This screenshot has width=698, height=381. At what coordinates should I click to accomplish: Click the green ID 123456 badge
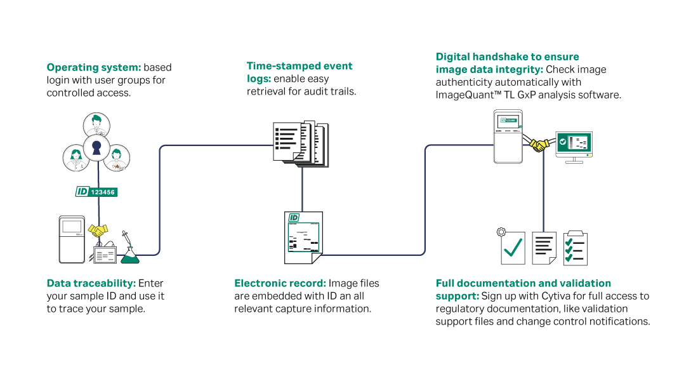(x=96, y=192)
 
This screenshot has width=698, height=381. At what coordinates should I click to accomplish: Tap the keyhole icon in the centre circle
(x=96, y=147)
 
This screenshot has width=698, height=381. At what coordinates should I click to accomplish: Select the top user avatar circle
(x=96, y=124)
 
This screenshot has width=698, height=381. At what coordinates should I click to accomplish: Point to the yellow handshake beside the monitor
(x=539, y=145)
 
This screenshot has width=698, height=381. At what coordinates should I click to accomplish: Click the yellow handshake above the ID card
(x=98, y=231)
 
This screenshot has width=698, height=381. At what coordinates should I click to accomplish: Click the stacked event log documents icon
(x=301, y=144)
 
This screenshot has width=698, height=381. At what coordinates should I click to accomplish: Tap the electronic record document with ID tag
(x=303, y=237)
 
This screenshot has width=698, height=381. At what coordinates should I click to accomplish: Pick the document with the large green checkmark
(x=512, y=247)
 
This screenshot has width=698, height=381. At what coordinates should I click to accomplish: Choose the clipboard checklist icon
(x=575, y=248)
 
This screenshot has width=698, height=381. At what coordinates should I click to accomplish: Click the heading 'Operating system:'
(x=94, y=67)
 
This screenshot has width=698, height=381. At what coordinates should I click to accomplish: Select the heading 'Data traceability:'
(x=91, y=283)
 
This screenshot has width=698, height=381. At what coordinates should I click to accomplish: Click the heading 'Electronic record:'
(x=280, y=283)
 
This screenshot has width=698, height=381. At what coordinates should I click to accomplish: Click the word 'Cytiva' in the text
(x=556, y=297)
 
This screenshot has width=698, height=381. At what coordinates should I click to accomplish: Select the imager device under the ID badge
(x=72, y=239)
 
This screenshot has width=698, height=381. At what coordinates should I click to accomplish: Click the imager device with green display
(x=508, y=137)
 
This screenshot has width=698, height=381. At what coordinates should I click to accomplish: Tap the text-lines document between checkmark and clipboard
(x=544, y=248)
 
